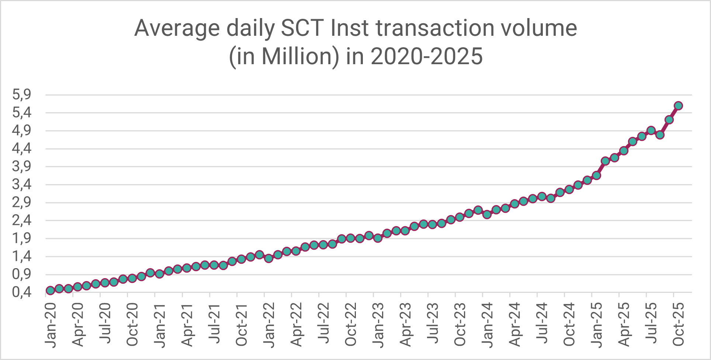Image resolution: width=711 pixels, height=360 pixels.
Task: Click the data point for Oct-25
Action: (x=678, y=106)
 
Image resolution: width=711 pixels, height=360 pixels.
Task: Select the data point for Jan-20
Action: (x=50, y=290)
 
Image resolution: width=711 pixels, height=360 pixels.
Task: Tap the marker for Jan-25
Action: (x=596, y=175)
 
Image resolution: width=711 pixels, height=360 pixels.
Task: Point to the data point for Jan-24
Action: (x=487, y=214)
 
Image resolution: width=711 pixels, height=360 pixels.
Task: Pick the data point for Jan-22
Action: (x=268, y=258)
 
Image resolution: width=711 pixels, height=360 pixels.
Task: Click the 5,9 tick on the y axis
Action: (x=22, y=95)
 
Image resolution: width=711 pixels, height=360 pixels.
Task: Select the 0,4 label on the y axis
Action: (x=22, y=292)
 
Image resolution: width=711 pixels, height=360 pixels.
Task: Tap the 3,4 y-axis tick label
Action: (x=22, y=184)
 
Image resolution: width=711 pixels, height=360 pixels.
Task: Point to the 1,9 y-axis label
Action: (x=22, y=239)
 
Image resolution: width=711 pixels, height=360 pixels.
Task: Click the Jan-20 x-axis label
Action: (x=51, y=325)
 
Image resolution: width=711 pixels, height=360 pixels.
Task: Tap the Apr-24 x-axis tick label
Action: (x=515, y=325)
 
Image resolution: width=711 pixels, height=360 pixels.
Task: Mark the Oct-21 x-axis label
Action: (x=242, y=325)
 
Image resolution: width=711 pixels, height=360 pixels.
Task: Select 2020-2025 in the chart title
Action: (x=426, y=56)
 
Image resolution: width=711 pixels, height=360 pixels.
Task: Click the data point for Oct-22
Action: (x=351, y=238)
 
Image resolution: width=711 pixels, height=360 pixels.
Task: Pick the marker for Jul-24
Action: (x=541, y=196)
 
